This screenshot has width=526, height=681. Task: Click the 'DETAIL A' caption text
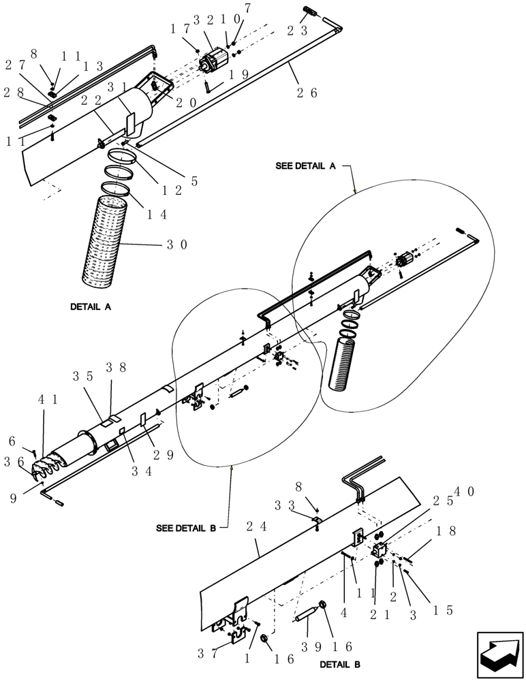(91, 307)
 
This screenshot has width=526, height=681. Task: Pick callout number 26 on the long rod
(305, 94)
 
